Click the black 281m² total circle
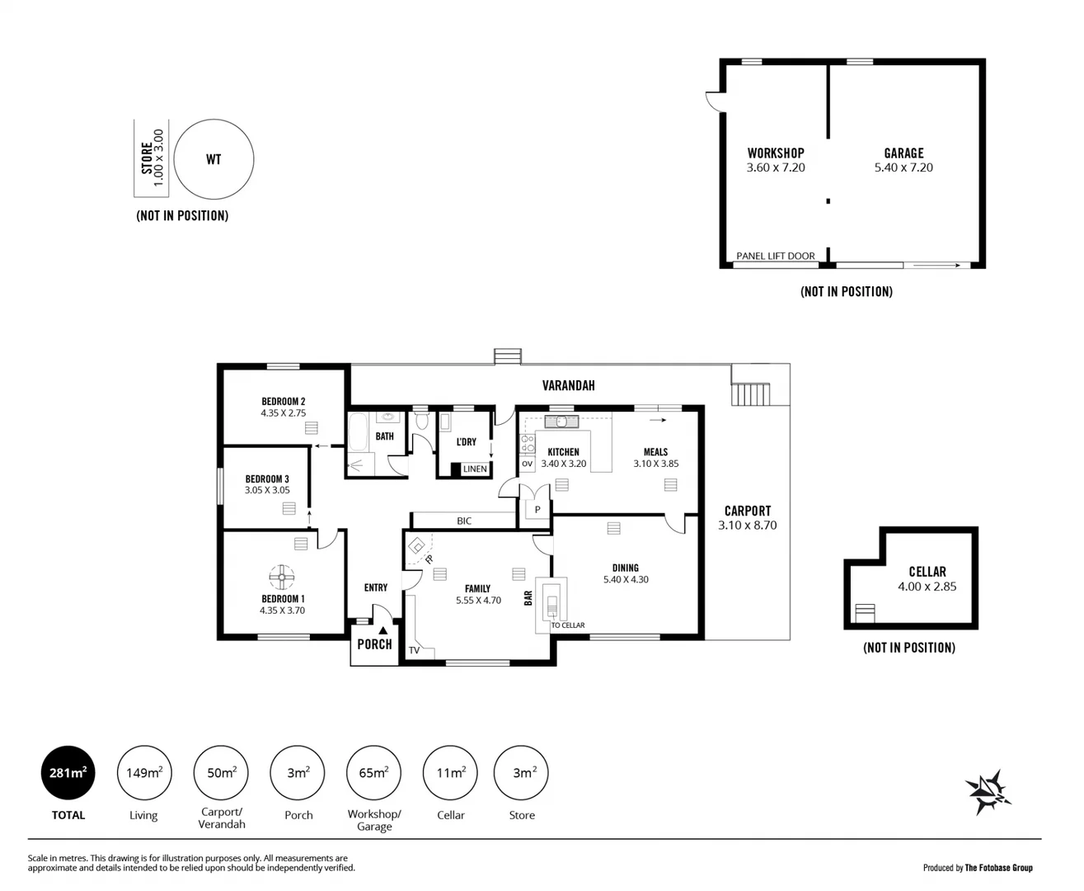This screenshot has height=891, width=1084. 68,773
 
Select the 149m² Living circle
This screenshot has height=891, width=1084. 143,773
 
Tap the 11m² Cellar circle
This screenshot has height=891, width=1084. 450,773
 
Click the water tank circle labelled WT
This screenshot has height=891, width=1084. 214,159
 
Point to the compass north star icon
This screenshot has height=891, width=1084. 988,792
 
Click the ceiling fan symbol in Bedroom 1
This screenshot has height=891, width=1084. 282,576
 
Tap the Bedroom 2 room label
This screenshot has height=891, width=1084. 284,402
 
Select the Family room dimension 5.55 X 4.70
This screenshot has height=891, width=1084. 478,601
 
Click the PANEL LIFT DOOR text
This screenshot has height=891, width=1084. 775,256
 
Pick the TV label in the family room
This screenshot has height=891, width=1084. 414,650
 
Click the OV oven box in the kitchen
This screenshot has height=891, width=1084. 528,464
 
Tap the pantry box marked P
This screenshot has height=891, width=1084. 537,510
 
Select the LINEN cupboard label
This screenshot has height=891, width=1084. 475,469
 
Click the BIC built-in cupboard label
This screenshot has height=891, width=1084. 464,521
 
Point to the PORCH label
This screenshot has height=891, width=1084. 374,644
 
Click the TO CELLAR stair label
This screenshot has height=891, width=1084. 567,625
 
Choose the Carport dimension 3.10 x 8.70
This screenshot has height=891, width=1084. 747,525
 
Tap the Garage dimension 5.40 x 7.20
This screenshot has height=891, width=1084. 903,167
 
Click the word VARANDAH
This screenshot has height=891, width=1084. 568,385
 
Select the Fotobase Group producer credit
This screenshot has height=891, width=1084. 978,867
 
